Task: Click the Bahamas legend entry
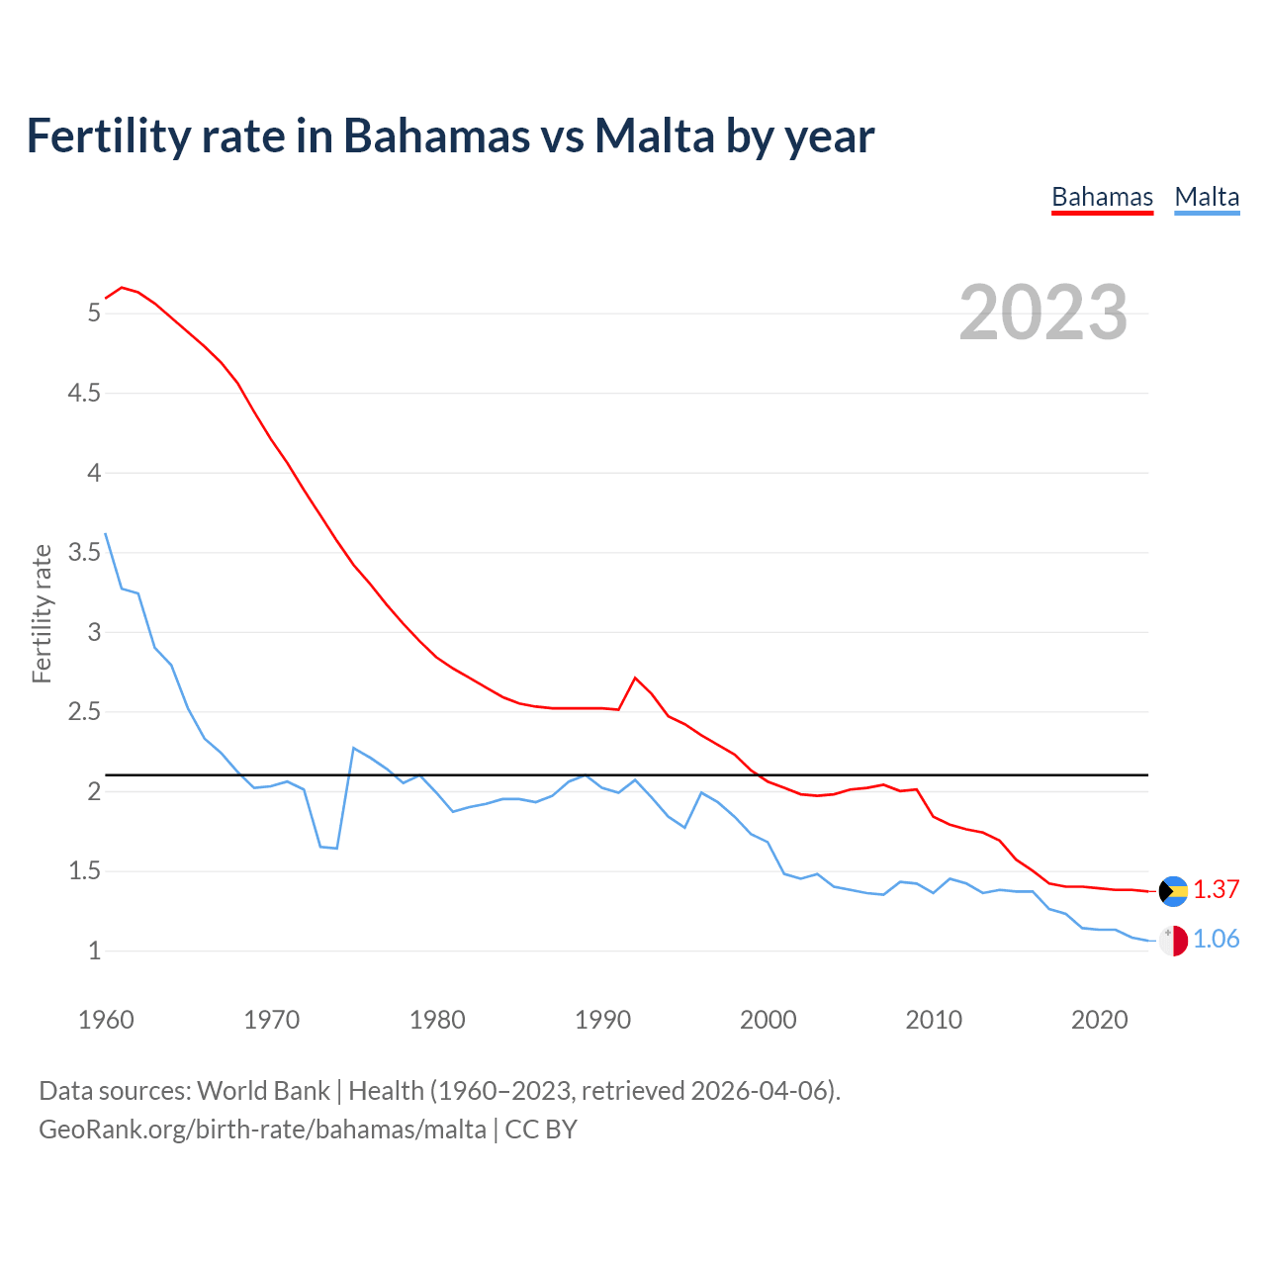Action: pos(1102,197)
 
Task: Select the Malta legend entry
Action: pos(1207,197)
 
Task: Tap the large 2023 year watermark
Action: pos(1042,313)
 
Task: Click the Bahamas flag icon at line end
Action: pos(1173,890)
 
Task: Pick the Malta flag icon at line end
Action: pos(1173,940)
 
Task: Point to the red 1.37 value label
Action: pos(1216,889)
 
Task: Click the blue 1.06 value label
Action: pos(1216,939)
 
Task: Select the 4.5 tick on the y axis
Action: pos(84,393)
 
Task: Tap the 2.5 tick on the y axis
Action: pos(84,711)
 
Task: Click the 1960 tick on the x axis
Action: pos(106,1020)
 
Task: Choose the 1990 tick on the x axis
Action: pos(602,1020)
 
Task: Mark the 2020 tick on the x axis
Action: pos(1099,1020)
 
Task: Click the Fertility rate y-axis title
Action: pos(42,613)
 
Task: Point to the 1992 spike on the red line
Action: pos(635,678)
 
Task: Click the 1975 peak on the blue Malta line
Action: pos(354,748)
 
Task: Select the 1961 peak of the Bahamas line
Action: pos(122,288)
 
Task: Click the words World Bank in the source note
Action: pos(263,1091)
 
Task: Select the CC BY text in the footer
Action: pos(541,1130)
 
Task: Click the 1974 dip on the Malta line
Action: pos(337,848)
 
